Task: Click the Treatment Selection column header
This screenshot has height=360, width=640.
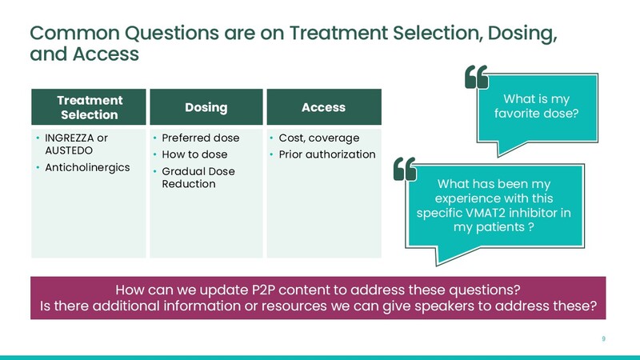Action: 89,107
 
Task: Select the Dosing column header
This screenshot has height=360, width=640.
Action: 206,107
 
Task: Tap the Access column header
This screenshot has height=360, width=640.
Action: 324,107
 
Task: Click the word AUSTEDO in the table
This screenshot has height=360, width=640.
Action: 69,150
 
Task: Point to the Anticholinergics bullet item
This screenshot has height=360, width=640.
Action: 87,167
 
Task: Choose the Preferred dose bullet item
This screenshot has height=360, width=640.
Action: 201,138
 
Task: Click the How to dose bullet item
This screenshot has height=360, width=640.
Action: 194,154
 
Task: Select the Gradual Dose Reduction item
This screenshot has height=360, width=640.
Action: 198,178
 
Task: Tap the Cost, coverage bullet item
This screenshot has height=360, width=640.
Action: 318,138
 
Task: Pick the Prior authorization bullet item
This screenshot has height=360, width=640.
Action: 327,154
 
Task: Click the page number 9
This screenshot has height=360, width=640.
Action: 604,338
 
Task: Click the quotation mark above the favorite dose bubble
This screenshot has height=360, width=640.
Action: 476,77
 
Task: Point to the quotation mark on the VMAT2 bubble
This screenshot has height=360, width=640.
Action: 405,169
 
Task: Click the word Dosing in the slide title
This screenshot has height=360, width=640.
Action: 522,33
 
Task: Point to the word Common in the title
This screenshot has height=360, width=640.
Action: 74,33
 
